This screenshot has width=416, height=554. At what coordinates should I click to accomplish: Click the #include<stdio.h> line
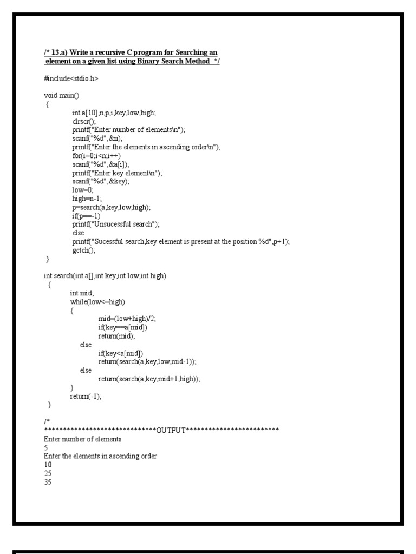pyautogui.click(x=71, y=79)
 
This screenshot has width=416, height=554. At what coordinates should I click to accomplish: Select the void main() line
pyautogui.click(x=61, y=96)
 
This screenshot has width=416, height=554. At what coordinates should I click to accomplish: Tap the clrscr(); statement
pyautogui.click(x=83, y=121)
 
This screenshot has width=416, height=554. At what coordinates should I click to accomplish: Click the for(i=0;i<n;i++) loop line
pyautogui.click(x=96, y=155)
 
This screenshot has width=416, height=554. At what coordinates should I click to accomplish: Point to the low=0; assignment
pyautogui.click(x=83, y=190)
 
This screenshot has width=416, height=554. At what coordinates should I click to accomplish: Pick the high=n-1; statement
pyautogui.click(x=86, y=199)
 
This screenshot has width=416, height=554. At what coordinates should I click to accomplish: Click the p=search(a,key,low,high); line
pyautogui.click(x=112, y=207)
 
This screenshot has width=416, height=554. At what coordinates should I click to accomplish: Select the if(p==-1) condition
pyautogui.click(x=86, y=216)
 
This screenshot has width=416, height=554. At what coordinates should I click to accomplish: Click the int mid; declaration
pyautogui.click(x=82, y=293)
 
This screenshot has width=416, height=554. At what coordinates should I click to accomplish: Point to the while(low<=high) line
pyautogui.click(x=101, y=301)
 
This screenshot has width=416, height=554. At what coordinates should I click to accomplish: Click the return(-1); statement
pyautogui.click(x=86, y=396)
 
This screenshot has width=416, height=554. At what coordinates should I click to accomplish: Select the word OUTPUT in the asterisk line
pyautogui.click(x=171, y=430)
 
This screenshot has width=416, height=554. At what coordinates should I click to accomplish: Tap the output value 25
pyautogui.click(x=48, y=473)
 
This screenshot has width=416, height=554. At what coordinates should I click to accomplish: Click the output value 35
pyautogui.click(x=48, y=482)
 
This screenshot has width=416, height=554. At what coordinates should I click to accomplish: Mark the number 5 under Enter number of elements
pyautogui.click(x=46, y=448)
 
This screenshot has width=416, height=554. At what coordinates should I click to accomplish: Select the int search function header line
pyautogui.click(x=105, y=276)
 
